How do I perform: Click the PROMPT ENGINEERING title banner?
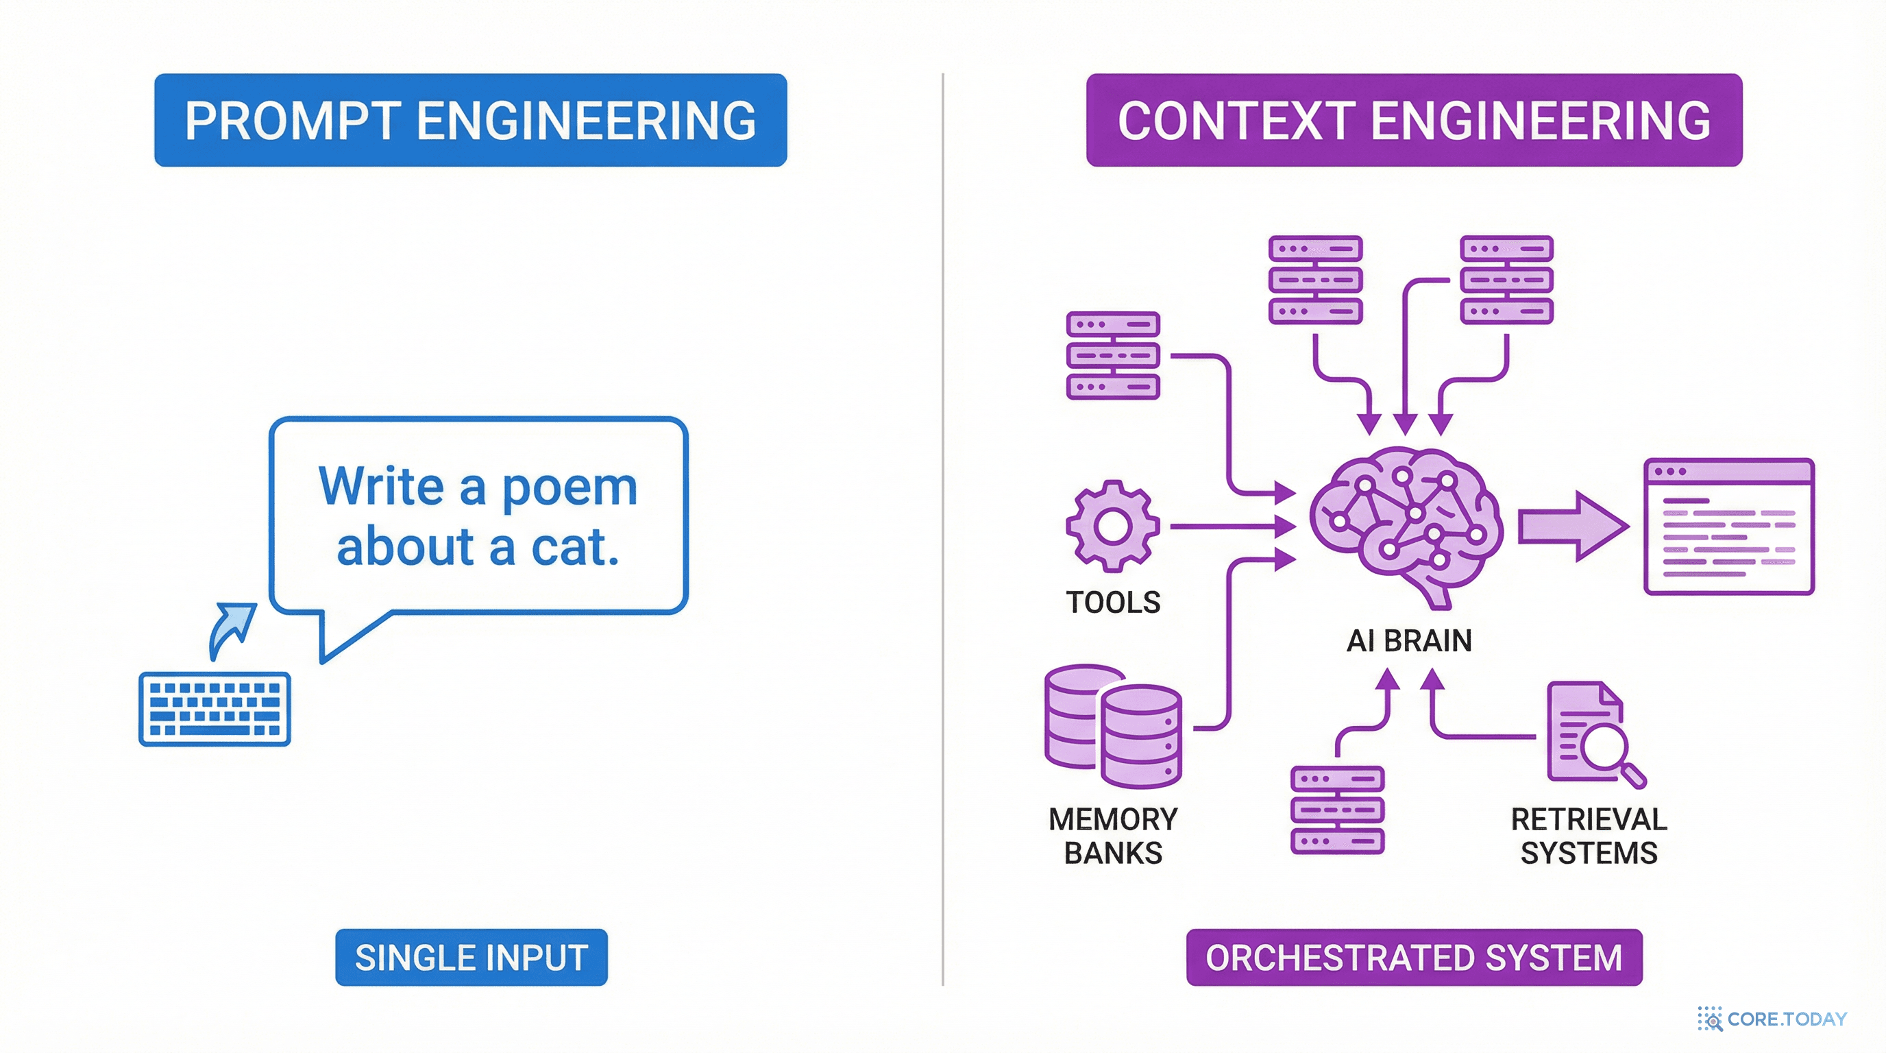click(470, 120)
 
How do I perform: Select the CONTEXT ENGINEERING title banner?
click(1414, 120)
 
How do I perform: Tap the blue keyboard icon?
click(215, 709)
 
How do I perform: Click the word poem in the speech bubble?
click(570, 487)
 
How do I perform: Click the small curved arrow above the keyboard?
click(232, 628)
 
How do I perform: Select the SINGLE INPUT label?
click(471, 957)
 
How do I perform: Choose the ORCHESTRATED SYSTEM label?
click(1414, 957)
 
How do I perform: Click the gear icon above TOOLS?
click(1113, 526)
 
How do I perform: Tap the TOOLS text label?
click(1113, 603)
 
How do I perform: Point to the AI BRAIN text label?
click(1408, 641)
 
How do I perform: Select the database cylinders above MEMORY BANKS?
click(1113, 725)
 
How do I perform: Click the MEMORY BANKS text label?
click(1113, 836)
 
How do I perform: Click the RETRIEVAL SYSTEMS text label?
click(1589, 836)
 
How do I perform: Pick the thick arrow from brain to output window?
click(1572, 526)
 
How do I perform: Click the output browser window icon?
click(1728, 526)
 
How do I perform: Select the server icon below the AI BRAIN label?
click(1337, 810)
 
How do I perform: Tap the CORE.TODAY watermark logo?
click(1772, 1019)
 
